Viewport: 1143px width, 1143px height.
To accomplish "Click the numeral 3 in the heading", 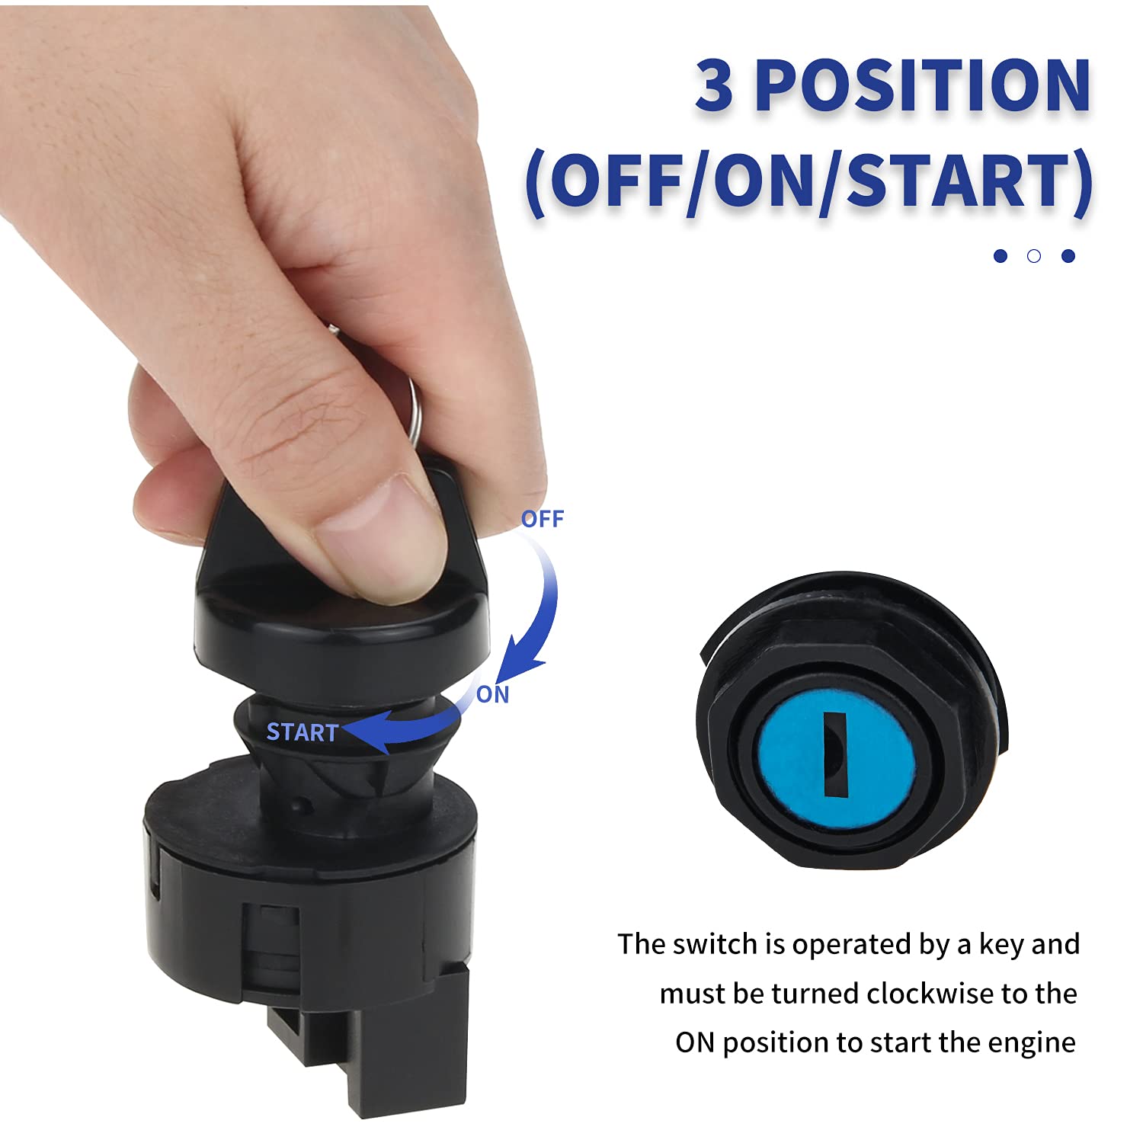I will click(714, 85).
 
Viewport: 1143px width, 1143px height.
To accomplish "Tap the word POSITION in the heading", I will click(924, 85).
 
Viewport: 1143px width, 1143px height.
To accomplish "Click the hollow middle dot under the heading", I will click(1034, 256).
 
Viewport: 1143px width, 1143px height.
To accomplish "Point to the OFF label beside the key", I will click(542, 519).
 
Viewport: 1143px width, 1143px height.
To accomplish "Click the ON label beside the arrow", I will click(492, 694).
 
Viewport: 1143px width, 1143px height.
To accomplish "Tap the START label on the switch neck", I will click(302, 732).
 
